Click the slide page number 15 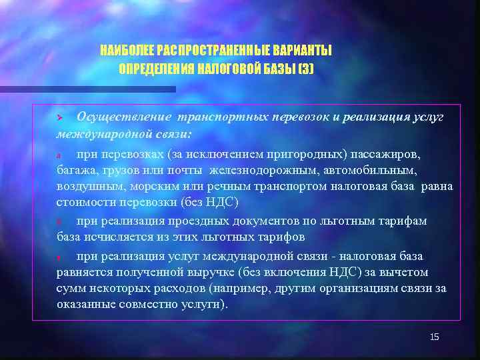point(434,337)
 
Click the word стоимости point(83,203)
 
